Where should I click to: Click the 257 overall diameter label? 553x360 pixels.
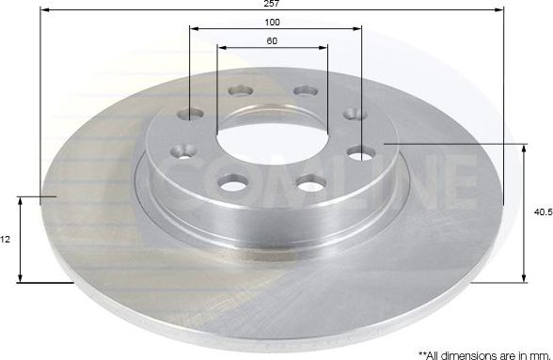click(273, 4)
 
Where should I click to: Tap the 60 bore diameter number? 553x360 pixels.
click(273, 40)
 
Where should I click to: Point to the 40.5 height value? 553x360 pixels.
click(542, 212)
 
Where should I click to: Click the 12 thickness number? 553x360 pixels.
click(6, 240)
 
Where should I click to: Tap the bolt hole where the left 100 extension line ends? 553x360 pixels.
click(190, 115)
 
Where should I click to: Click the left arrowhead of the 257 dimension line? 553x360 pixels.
click(45, 10)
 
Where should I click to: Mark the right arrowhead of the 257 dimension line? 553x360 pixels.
click(501, 10)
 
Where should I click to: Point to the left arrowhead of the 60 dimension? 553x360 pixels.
click(221, 47)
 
